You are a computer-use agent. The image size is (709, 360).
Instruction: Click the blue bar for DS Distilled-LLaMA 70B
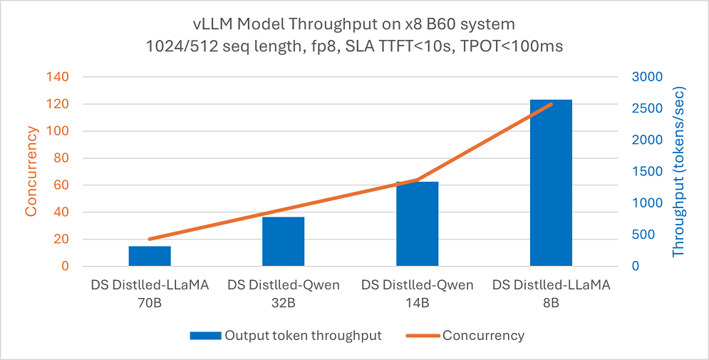[x=150, y=256]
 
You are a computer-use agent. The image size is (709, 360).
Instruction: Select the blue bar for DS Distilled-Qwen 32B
[x=283, y=242]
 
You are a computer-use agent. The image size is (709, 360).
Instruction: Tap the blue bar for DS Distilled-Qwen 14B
[x=417, y=224]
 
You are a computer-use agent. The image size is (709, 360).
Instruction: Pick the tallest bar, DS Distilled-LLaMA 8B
[x=551, y=182]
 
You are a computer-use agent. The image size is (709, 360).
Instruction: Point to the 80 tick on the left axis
[x=63, y=158]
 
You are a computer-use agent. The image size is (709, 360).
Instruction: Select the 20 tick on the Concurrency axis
[x=63, y=240]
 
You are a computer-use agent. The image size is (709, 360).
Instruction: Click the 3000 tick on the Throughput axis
[x=648, y=77]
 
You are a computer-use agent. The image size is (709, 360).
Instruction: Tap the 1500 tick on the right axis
[x=648, y=172]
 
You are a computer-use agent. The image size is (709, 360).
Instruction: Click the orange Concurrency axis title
[x=31, y=171]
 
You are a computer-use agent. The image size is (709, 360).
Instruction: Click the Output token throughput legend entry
[x=303, y=336]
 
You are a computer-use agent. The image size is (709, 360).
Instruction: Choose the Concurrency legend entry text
[x=483, y=336]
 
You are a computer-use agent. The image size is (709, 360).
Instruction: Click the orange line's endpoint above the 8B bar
[x=552, y=104]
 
